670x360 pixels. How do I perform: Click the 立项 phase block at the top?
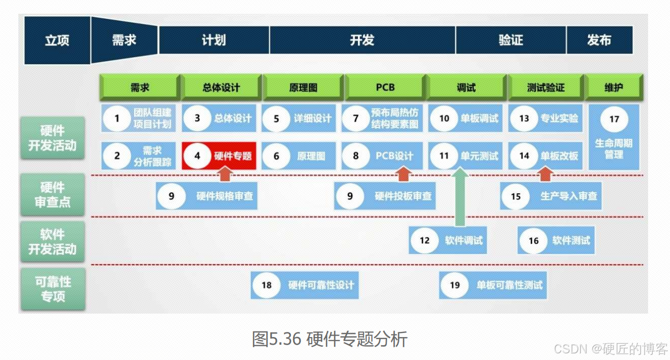tap(57, 40)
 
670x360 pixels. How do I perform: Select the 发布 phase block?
tap(599, 40)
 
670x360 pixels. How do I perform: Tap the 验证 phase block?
tap(510, 40)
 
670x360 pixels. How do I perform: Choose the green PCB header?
tap(385, 87)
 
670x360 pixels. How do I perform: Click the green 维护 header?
tap(613, 87)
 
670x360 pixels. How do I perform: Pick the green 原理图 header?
tap(303, 87)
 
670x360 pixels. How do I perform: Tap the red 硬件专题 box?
tap(219, 156)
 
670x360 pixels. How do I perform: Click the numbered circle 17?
tap(614, 119)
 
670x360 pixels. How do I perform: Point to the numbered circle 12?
tap(425, 241)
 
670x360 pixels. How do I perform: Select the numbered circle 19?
tap(454, 285)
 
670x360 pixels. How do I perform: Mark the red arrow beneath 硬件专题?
tap(225, 175)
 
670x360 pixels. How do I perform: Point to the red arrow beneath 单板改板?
tap(546, 175)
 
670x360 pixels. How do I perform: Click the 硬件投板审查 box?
tap(385, 196)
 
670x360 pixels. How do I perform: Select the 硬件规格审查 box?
tap(207, 196)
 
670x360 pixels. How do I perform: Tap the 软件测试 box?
tap(555, 241)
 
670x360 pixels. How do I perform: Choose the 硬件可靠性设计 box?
tap(305, 285)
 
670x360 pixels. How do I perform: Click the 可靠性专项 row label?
tap(53, 289)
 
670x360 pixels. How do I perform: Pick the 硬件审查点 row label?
tap(53, 195)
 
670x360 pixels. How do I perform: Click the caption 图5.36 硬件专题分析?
tap(329, 339)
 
